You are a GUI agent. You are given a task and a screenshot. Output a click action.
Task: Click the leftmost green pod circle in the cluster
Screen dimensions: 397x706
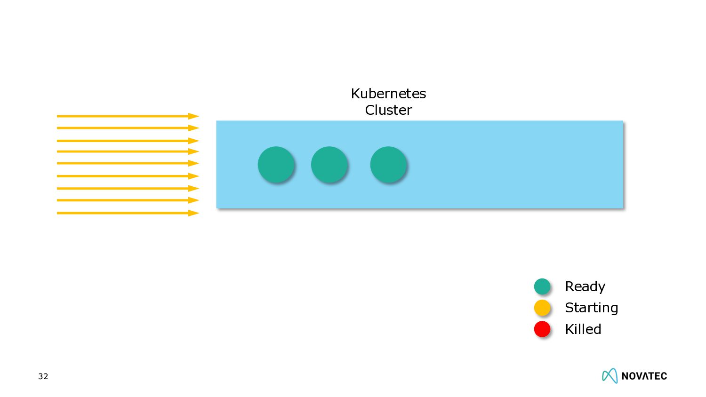tap(276, 164)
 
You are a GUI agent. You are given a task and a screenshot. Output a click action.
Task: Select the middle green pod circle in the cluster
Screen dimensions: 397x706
tap(329, 164)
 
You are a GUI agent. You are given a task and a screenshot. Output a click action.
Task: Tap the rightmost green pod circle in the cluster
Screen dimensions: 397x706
tap(388, 164)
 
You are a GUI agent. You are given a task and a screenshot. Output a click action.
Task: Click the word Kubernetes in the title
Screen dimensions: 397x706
tap(388, 94)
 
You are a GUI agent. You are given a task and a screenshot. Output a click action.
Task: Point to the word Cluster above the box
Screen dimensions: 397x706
tap(388, 110)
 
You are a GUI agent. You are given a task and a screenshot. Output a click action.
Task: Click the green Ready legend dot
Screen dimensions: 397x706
tap(542, 286)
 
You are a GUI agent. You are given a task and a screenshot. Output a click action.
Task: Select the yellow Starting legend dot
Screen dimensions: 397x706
tap(542, 308)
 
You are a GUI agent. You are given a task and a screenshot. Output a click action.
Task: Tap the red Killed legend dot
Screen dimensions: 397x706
tap(542, 329)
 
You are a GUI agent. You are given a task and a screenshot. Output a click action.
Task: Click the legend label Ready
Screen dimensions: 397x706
tap(585, 286)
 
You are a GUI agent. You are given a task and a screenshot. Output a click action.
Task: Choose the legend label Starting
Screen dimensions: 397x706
tap(591, 308)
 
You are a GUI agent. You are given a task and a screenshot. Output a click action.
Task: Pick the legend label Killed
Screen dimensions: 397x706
tap(583, 329)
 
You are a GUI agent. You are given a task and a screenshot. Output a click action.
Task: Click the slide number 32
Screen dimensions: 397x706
tap(43, 376)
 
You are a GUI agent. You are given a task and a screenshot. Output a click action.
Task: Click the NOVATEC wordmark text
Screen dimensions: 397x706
tap(644, 376)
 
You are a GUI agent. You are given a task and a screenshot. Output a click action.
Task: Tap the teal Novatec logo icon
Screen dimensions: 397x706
tap(610, 375)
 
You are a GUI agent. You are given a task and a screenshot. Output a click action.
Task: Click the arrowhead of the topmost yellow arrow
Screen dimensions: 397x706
tap(194, 116)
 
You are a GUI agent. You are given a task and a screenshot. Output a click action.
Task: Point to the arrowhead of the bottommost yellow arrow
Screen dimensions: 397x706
tap(194, 213)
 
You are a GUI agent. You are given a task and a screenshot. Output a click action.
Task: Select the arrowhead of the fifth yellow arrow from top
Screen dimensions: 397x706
tap(194, 163)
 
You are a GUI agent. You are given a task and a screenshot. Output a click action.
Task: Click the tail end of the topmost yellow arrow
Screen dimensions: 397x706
tap(58, 116)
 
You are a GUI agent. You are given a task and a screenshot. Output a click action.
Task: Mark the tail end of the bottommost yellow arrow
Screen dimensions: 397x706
tap(58, 213)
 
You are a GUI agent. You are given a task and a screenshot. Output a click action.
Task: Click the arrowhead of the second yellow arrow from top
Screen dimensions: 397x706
tap(194, 128)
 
